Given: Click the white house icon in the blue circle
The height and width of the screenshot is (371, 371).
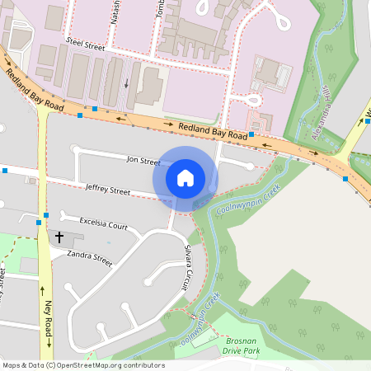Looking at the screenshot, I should coord(185,178).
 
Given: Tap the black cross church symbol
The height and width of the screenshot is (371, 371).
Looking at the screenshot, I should coord(59,237).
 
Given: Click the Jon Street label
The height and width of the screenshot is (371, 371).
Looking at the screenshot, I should coord(143,160).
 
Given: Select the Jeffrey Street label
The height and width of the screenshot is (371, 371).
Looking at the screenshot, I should coord(108,190).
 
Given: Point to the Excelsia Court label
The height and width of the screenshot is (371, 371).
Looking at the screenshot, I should coord(104,223).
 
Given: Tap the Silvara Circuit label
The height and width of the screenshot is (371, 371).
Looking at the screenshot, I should coord(187,269).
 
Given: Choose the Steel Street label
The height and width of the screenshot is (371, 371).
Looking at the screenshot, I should coord(86,47).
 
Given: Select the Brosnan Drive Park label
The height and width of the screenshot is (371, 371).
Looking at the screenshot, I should coord(241,345).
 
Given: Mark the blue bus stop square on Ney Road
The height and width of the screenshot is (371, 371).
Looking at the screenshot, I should coord(38,222).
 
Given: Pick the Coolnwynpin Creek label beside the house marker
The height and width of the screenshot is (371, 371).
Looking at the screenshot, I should coord(249,198).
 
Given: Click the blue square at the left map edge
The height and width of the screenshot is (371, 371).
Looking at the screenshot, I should coord(4,171).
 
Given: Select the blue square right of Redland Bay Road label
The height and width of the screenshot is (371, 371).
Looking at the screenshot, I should coord(251,134).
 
